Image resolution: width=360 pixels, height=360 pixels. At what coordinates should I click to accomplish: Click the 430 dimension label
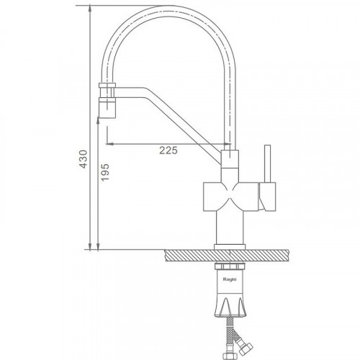[x=84, y=159]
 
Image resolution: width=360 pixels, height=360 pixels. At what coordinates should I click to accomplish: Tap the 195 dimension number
[x=105, y=172]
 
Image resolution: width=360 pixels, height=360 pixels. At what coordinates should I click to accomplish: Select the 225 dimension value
[x=168, y=150]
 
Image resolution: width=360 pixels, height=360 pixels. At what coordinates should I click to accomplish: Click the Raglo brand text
[x=230, y=279]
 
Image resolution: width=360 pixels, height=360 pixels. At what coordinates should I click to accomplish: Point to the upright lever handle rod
[x=267, y=163]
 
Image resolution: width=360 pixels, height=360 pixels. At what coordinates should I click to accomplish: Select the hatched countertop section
[x=227, y=255]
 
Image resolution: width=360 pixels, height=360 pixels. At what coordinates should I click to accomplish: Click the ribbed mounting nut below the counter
[x=230, y=266]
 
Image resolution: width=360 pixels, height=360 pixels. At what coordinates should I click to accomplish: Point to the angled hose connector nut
[x=246, y=350]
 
